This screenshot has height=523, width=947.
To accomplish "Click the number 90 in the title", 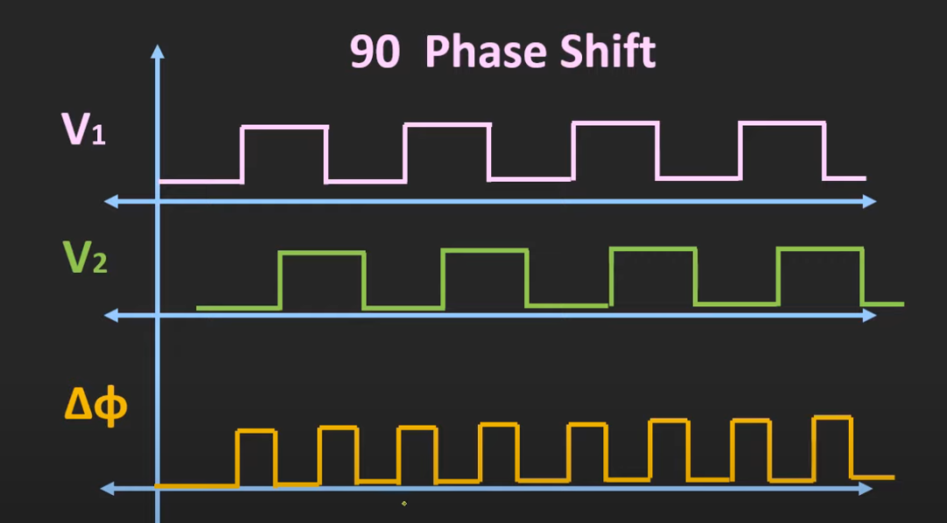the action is point(375,53).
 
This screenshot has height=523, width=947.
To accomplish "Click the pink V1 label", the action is point(83,128).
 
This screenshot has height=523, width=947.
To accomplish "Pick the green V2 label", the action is point(84,257).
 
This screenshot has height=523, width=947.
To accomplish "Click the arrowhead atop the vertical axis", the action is point(158,52).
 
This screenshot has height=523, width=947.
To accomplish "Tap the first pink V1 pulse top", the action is point(284,127).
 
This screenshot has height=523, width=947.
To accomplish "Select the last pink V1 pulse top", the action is point(782,124).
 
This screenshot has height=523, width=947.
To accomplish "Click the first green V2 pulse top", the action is point(323,253).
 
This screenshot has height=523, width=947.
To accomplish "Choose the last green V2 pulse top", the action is point(820,249).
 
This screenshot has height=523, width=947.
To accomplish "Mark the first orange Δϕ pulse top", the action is point(256,431).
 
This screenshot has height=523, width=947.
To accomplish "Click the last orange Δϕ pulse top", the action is point(832,417).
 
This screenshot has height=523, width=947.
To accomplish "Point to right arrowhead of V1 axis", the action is point(869,201).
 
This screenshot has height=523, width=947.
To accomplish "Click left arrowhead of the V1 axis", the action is point(111,201).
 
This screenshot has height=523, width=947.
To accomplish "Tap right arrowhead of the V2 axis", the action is point(869,315).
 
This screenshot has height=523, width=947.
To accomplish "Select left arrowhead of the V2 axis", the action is point(111,315).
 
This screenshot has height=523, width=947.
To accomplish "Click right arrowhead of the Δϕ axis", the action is point(865,488).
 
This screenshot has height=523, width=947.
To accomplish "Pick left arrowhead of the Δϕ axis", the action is point(107,488).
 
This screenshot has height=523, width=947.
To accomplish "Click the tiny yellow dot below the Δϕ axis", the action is point(404,503).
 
